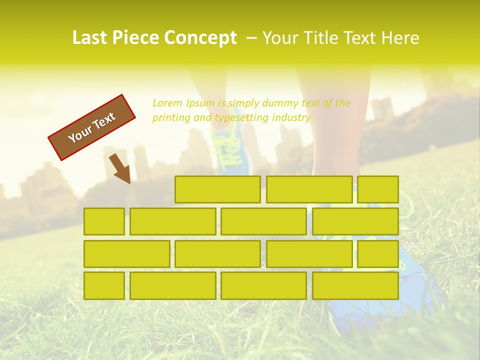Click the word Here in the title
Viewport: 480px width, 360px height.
(400, 38)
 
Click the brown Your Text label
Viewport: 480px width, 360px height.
(92, 127)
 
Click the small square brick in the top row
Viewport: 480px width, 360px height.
(378, 189)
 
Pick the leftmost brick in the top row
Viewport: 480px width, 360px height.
(217, 189)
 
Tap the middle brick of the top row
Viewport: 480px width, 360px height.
(309, 189)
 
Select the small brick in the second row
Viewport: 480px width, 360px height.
(104, 221)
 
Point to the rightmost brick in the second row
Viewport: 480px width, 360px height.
(355, 221)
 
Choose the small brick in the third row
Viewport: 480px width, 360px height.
(378, 254)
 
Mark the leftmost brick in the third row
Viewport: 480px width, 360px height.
(126, 254)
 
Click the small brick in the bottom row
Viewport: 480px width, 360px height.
(104, 285)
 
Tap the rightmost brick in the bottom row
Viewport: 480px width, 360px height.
(355, 285)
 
